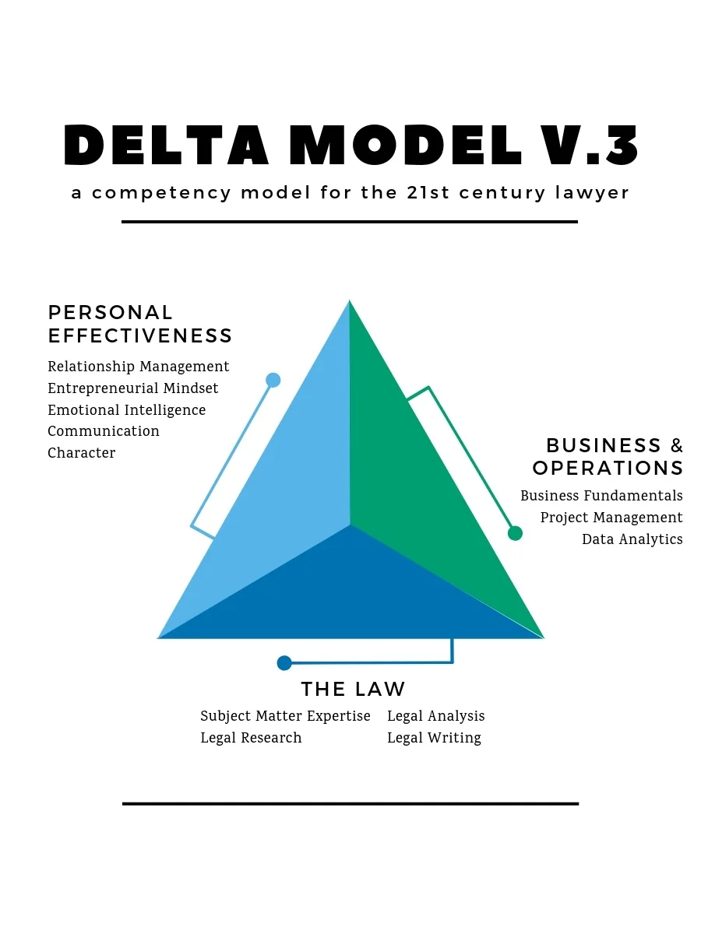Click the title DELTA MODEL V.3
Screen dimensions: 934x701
click(x=350, y=146)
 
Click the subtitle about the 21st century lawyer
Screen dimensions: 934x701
click(x=350, y=193)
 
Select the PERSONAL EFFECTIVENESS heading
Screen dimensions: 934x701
click(x=140, y=324)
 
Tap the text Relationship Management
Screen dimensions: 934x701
click(x=139, y=367)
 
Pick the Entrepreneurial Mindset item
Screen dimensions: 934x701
click(x=133, y=388)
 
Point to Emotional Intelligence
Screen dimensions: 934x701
click(x=127, y=410)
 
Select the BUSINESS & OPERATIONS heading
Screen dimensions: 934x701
click(x=608, y=456)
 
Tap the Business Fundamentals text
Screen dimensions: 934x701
click(x=601, y=496)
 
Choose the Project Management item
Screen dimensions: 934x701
click(x=611, y=518)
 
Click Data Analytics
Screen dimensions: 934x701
click(x=632, y=539)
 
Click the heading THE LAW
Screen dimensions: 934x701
click(x=353, y=689)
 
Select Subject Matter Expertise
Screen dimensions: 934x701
click(x=285, y=716)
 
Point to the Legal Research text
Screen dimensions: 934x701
click(x=251, y=738)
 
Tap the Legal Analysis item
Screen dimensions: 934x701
click(x=435, y=716)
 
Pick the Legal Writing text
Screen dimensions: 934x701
click(x=434, y=738)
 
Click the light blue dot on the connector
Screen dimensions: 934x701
click(x=273, y=380)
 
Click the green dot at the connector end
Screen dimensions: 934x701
click(x=515, y=533)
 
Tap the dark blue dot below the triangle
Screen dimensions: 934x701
click(x=284, y=663)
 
